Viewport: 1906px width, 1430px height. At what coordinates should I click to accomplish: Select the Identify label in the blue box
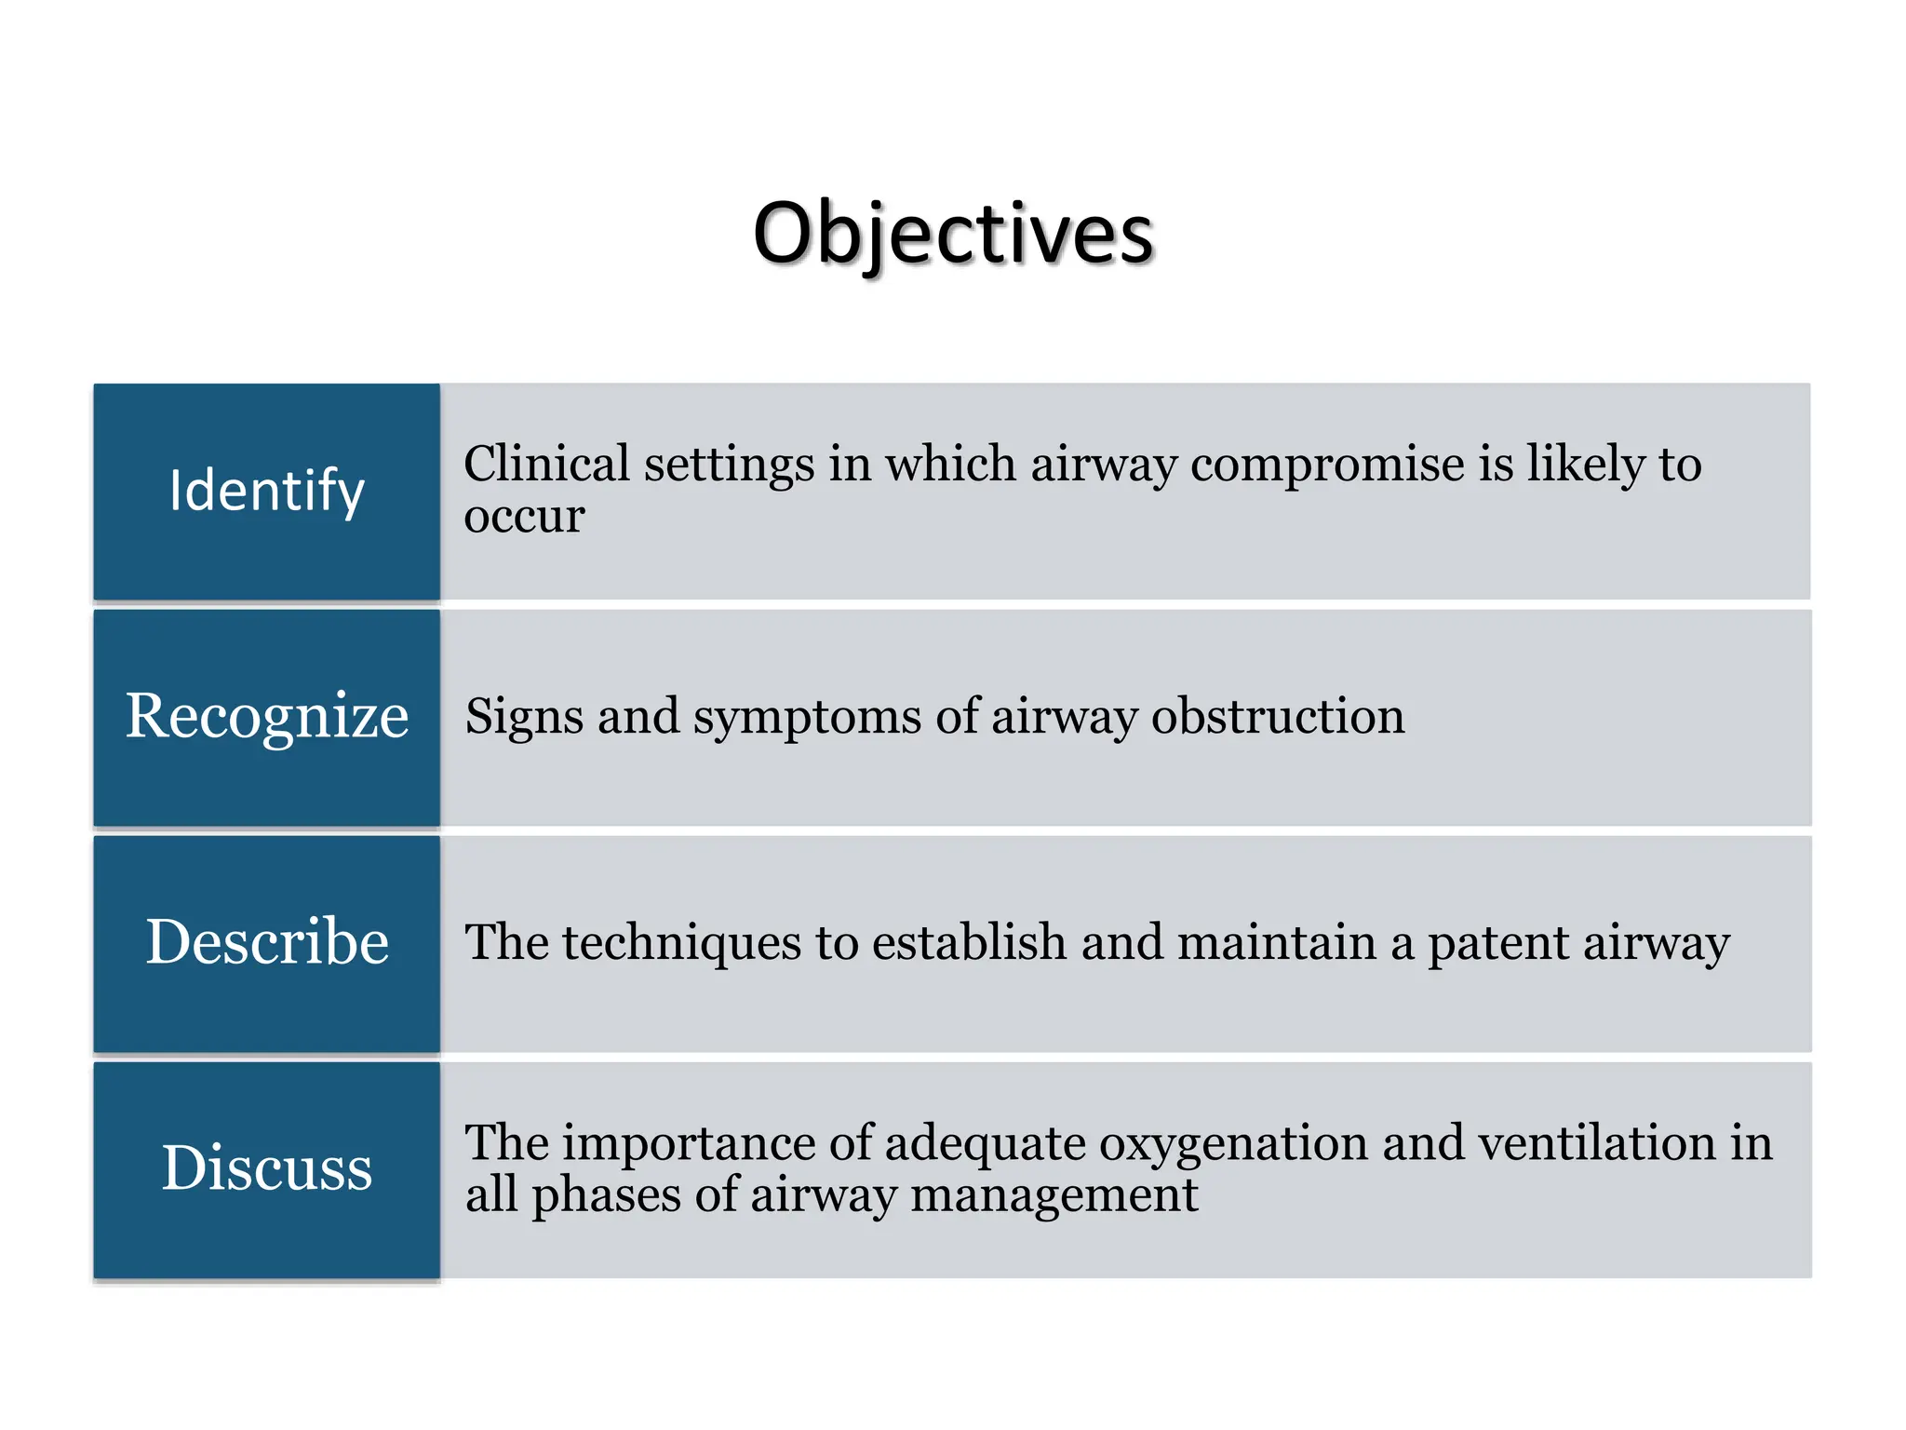click(x=267, y=491)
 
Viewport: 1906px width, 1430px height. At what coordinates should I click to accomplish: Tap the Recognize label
click(x=267, y=716)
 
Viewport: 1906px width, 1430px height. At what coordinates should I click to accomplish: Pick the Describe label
click(x=267, y=941)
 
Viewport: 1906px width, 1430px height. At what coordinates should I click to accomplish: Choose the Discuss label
click(x=267, y=1167)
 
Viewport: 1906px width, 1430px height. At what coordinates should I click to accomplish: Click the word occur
click(x=524, y=516)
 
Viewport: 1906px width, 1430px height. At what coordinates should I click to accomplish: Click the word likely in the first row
click(x=1586, y=464)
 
